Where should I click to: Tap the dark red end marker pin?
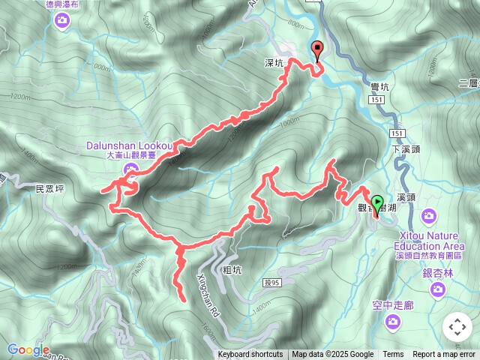pos(317,49)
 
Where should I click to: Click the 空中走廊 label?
pos(392,305)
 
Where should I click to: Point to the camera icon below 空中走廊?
pos(392,322)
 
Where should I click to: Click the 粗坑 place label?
pos(232,269)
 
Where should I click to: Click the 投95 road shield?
pos(271,283)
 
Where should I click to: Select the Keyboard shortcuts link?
pos(250,355)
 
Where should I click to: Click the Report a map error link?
pos(444,355)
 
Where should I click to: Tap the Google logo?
pos(28,349)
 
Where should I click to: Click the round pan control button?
pos(457,327)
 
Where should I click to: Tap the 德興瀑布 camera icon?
pos(62,22)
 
